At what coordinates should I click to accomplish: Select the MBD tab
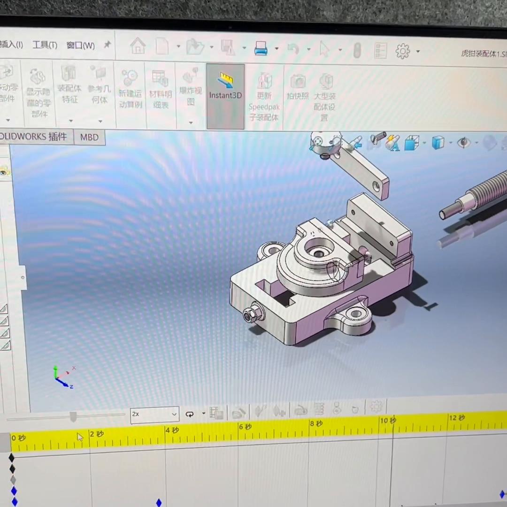(89, 137)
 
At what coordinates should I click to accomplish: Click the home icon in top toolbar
(138, 46)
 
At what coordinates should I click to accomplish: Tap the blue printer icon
(261, 48)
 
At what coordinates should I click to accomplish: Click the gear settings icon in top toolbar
(403, 51)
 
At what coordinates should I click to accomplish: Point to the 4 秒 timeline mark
(172, 430)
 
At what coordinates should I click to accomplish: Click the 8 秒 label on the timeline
(316, 424)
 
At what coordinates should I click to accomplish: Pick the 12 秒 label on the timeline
(457, 418)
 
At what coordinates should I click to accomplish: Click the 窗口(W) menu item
(80, 46)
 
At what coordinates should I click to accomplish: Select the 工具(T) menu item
(45, 45)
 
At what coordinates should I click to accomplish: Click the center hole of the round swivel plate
(319, 253)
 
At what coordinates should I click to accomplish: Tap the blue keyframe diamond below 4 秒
(159, 503)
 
